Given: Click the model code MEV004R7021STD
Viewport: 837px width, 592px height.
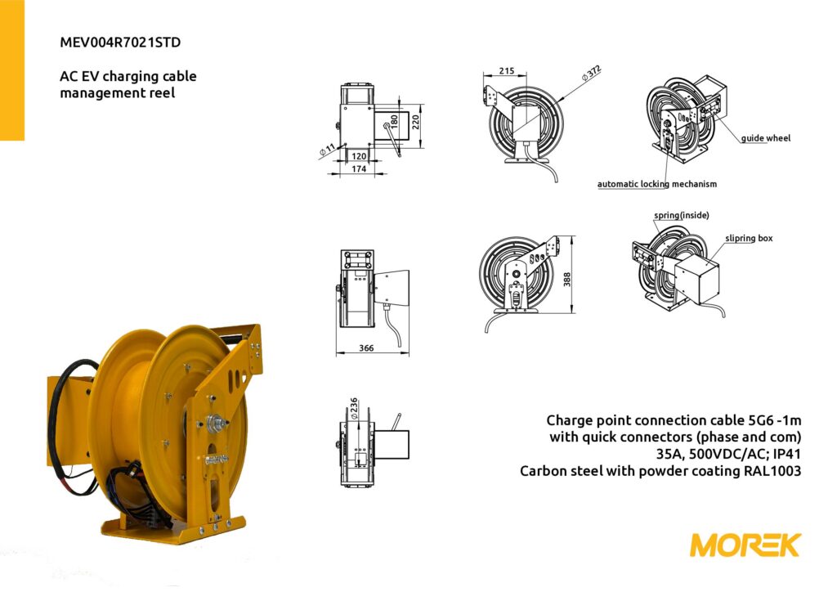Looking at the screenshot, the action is pos(120,43).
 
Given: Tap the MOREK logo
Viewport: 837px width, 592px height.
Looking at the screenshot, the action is pos(745,545).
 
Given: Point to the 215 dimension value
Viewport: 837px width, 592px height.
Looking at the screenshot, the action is pos(507,70).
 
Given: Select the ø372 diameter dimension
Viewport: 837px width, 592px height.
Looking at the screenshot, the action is pos(592,73).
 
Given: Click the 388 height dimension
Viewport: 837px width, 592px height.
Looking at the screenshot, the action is pos(567,279).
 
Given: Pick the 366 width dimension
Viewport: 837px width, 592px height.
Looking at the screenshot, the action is pos(366,348).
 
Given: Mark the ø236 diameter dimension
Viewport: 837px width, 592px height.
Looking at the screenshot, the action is pos(353,408).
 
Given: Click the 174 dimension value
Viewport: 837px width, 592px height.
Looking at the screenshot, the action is pos(359,168).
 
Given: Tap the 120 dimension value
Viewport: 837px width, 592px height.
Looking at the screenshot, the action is pos(360,156).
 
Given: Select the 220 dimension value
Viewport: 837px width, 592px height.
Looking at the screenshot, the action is pos(416,123).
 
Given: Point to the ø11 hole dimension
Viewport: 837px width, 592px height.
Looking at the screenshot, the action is pos(327,150).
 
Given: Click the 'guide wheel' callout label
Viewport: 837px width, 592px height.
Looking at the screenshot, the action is pos(765,138).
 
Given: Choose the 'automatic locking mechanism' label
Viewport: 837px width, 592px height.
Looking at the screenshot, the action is pos(656,184).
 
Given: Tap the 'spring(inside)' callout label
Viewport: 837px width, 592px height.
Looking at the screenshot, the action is pos(682,215).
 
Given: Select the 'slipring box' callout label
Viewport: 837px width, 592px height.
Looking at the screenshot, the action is pos(749,238).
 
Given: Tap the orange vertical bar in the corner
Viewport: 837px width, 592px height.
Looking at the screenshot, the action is pos(11,70).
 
